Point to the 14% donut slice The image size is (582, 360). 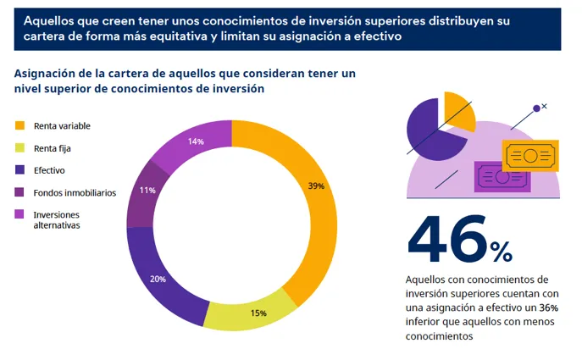pyautogui.click(x=193, y=143)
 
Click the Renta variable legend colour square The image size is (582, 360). pyautogui.click(x=19, y=126)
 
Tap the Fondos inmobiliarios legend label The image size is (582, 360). pyautogui.click(x=75, y=192)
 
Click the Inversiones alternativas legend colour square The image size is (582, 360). pyautogui.click(x=19, y=214)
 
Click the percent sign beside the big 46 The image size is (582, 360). pyautogui.click(x=500, y=251)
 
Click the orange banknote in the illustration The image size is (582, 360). pyautogui.click(x=529, y=156)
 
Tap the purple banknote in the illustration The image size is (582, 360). pyautogui.click(x=502, y=178)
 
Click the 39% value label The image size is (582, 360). pyautogui.click(x=316, y=186)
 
